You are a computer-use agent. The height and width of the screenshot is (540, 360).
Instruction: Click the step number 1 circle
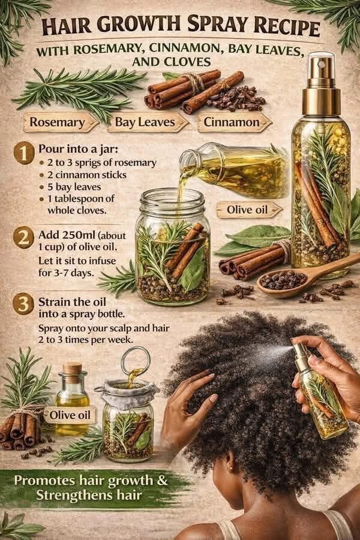[24, 154]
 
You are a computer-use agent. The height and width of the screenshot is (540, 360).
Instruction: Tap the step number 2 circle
[23, 238]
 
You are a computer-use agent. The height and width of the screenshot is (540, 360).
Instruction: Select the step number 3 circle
[23, 305]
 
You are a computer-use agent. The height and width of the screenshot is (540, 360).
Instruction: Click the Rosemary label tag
[60, 122]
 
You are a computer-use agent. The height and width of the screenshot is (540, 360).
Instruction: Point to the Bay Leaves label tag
[148, 122]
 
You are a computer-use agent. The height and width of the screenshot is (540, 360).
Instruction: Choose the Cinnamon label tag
[234, 122]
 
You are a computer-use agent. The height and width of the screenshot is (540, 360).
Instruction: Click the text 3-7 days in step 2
[73, 273]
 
